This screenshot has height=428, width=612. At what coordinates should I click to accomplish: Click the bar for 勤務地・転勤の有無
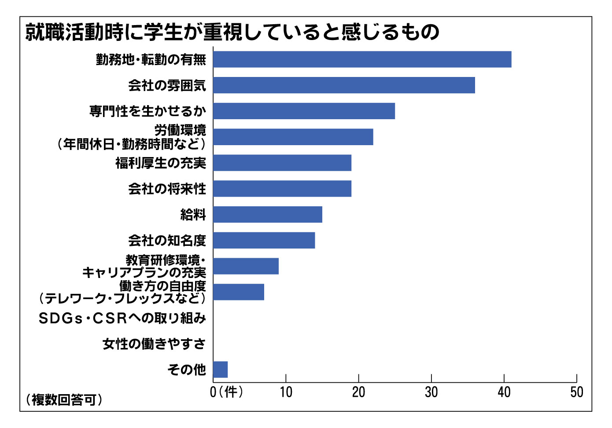362,59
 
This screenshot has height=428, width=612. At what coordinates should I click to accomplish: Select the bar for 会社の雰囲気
344,85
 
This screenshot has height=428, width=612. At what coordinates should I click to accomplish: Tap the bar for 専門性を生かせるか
304,111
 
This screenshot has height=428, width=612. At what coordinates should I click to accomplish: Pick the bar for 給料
267,215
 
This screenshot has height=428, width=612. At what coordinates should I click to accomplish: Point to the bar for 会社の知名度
264,241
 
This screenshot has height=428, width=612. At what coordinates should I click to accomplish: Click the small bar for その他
220,369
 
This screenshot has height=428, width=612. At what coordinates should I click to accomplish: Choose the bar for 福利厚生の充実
282,163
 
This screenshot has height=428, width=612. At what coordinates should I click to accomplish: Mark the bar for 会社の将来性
282,189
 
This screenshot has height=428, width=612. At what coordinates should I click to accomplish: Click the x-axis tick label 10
286,392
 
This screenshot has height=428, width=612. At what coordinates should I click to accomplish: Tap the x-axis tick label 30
431,392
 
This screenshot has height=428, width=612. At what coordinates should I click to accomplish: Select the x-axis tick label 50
576,392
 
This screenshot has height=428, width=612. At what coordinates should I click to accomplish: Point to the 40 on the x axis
504,392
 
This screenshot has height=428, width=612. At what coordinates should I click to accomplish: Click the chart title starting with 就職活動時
232,32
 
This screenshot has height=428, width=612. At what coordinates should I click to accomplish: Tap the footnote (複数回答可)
64,399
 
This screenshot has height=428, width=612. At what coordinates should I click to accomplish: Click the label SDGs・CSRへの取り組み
122,318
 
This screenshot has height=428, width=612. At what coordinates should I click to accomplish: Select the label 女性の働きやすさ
154,344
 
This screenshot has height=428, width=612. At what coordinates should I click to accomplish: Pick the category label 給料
193,215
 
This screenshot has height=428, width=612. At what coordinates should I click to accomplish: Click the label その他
187,369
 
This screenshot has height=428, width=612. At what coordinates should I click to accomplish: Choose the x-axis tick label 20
358,392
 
